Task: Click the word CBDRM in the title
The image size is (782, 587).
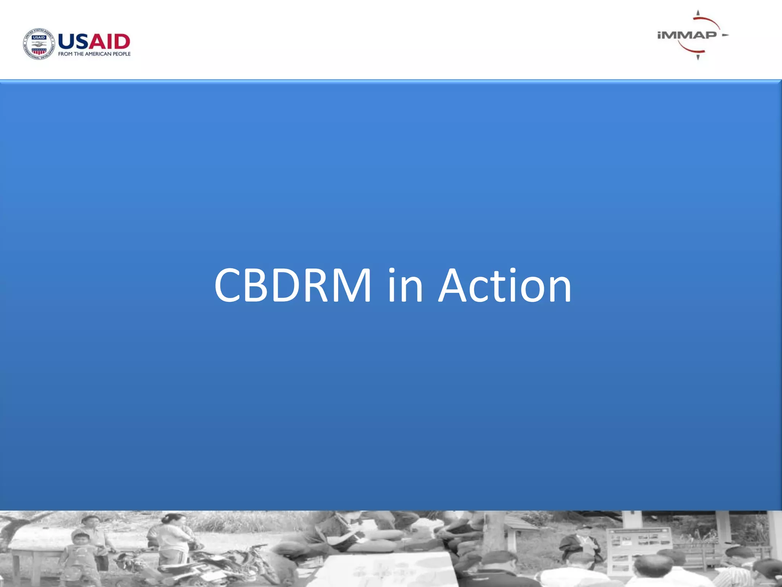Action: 292,286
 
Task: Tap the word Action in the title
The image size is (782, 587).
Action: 505,286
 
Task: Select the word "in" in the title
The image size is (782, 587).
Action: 405,286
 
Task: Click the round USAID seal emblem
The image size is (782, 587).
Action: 39,44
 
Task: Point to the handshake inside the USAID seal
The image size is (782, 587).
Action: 39,44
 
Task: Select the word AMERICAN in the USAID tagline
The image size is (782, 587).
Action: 98,54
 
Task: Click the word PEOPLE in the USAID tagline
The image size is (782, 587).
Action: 121,54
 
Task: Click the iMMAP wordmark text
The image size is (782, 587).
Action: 687,35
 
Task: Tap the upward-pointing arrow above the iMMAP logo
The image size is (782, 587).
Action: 698,13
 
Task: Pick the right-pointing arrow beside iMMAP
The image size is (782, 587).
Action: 725,35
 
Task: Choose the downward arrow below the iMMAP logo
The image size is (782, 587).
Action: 698,57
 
